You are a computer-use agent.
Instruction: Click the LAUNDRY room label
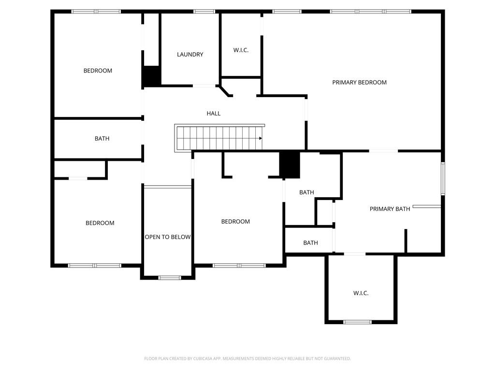coord(190,55)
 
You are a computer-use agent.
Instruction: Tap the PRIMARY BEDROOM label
coord(359,83)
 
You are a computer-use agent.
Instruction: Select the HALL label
coord(213,114)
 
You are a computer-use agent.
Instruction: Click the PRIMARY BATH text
coord(390,209)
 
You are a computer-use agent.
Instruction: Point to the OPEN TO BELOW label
coord(168,237)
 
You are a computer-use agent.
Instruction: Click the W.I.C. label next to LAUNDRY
coord(241,50)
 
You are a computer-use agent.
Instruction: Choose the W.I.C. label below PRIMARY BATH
coord(361,293)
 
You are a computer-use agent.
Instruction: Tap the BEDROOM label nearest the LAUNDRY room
coord(98,71)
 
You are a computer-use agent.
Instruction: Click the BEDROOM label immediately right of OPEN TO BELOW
coord(235,222)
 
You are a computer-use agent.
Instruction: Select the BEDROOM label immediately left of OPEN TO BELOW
coord(100,223)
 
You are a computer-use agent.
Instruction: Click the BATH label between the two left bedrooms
coord(102,139)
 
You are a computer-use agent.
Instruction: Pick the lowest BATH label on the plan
coord(310,243)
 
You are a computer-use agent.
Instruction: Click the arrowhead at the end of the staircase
coord(261,139)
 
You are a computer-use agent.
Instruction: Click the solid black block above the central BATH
coord(290,165)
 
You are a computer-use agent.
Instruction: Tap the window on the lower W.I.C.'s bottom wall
coord(357,322)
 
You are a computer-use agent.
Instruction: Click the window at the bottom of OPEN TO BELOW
coord(170,278)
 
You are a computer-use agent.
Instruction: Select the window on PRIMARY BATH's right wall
coord(442,179)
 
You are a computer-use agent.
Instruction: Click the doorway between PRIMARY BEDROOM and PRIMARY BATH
coord(383,151)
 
